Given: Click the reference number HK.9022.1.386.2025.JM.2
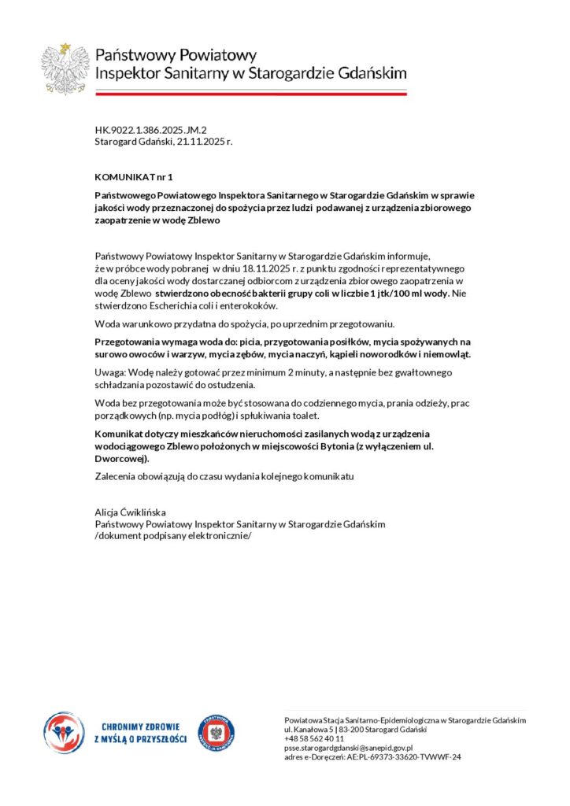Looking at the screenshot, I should [150, 129].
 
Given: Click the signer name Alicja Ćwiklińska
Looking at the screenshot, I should [131, 512].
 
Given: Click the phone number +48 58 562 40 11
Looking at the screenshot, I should [314, 739].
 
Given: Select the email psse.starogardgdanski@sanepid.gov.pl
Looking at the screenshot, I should [349, 748].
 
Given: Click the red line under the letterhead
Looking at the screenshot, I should [250, 94].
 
